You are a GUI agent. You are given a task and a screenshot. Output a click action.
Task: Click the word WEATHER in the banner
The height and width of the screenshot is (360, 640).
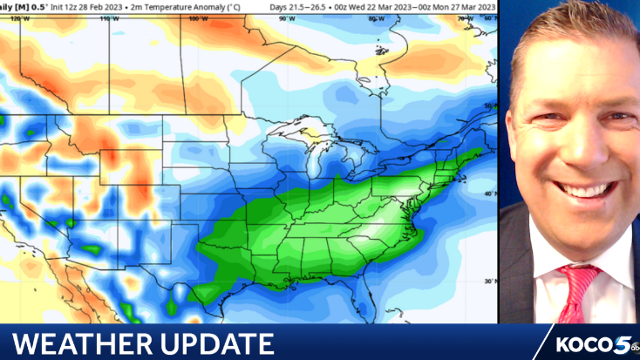coord(84,343)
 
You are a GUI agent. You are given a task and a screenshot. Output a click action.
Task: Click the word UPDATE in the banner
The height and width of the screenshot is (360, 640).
coord(213,343)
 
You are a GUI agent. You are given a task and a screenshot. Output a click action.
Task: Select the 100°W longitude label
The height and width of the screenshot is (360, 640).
coord(201,17)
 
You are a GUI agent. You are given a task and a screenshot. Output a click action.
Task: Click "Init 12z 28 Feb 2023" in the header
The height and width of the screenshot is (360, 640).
coord(78,6)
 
